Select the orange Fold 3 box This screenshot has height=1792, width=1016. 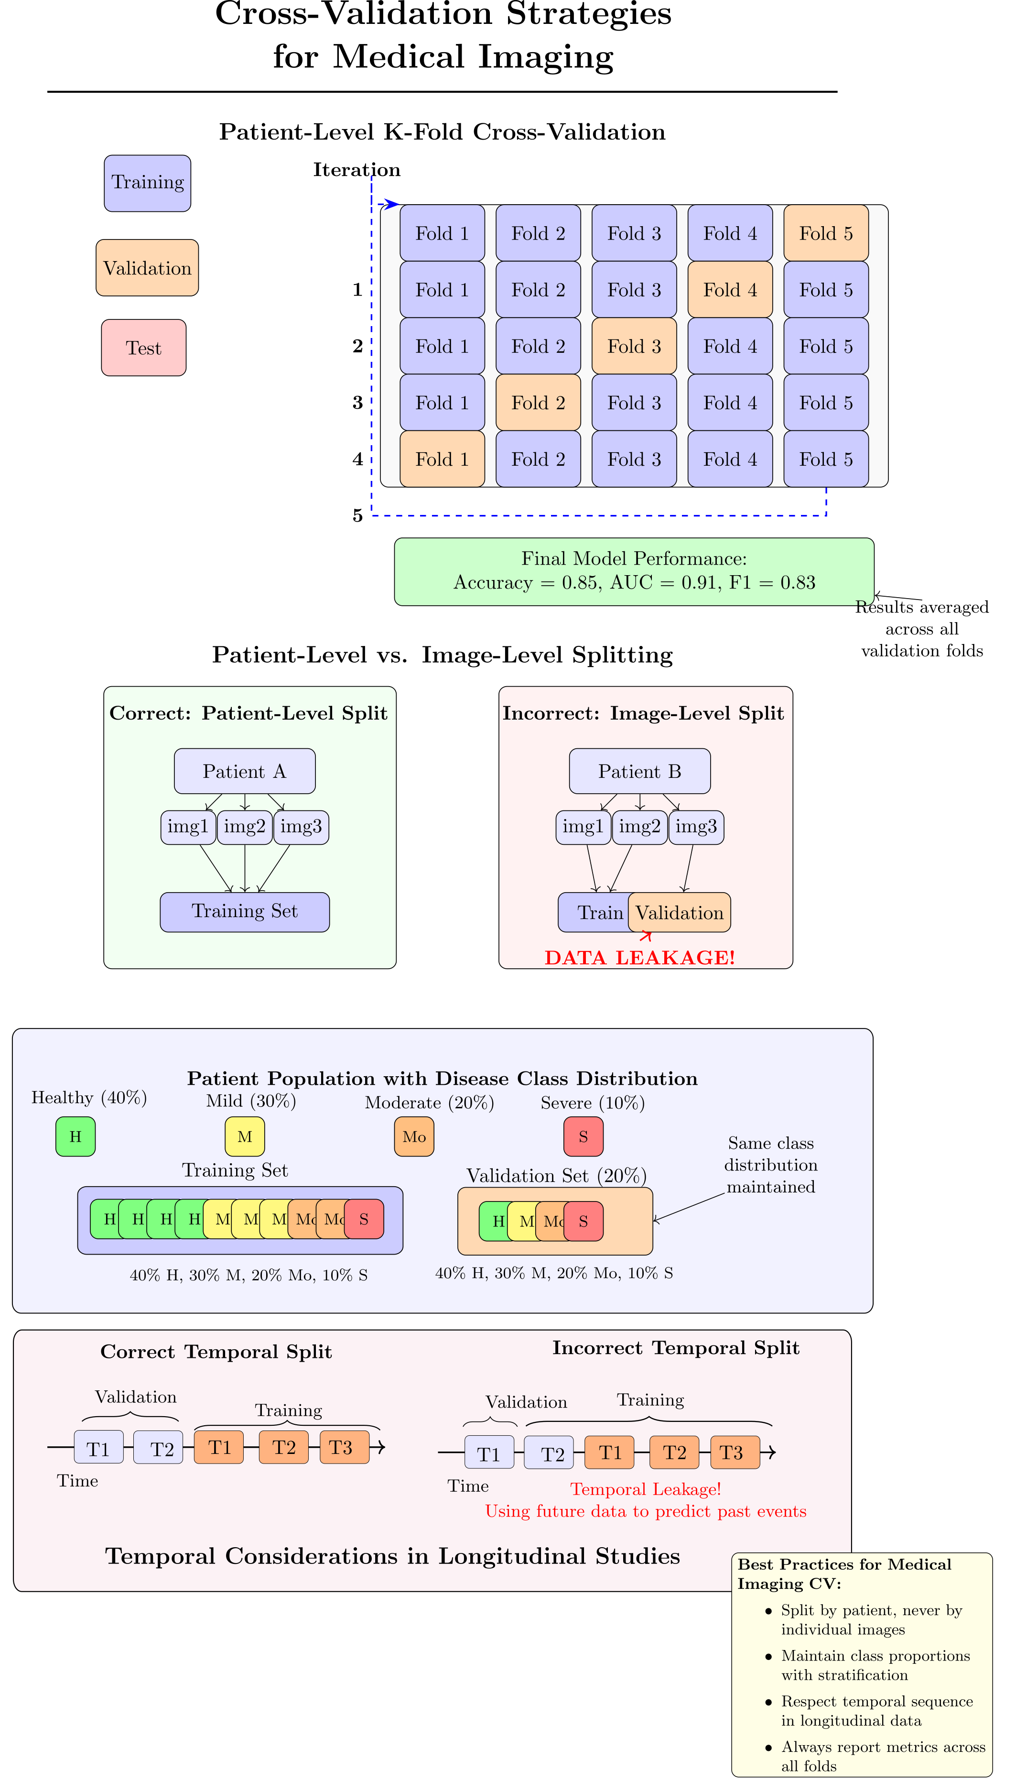coord(634,346)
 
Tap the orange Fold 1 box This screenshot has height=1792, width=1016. coord(442,459)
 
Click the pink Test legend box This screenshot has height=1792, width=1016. coord(144,348)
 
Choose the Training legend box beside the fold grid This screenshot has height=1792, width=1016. coord(147,183)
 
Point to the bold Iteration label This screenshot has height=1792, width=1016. coord(357,170)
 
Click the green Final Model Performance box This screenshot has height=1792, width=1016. coord(634,571)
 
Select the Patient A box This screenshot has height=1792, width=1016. coord(244,771)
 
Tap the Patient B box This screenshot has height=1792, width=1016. coord(639,771)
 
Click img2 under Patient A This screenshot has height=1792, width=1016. coord(244,827)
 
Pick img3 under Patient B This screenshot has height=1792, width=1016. coord(696,827)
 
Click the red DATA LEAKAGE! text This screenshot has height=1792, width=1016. coord(639,958)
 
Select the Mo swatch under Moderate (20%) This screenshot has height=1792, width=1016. coord(414,1136)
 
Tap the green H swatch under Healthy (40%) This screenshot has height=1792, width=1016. coord(76,1136)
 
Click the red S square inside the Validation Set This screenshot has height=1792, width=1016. coord(584,1222)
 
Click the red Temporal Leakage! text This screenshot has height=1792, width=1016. coord(646,1489)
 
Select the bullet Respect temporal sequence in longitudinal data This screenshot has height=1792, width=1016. coord(876,1710)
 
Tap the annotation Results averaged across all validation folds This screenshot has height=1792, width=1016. coord(922,629)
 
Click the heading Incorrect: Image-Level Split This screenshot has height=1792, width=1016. coord(643,713)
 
